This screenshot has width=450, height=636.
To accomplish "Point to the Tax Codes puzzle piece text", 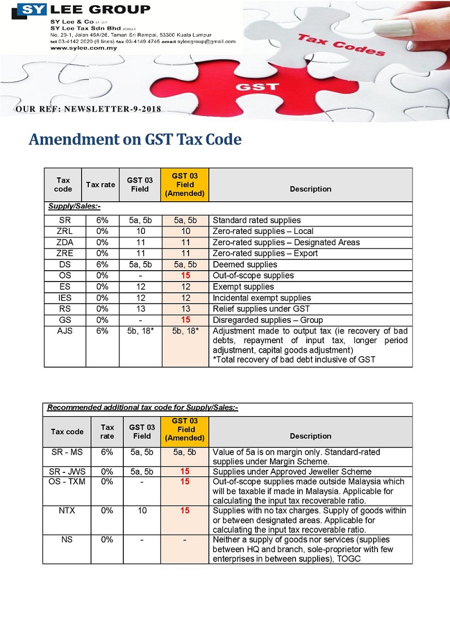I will tap(341, 45).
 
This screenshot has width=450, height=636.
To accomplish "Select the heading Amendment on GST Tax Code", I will tap(135, 139).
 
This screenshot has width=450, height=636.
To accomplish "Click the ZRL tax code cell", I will tap(65, 231).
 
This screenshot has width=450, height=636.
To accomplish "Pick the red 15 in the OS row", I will tap(185, 275).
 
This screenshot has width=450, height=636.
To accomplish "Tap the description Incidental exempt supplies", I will tap(262, 298).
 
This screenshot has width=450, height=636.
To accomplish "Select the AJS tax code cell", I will tap(65, 331).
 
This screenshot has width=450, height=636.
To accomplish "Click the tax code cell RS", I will tap(65, 309).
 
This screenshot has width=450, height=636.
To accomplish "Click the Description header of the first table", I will tap(310, 189).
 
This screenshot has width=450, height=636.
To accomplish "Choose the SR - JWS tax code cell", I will tap(67, 471).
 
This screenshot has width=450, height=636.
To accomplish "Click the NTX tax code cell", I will tap(67, 510).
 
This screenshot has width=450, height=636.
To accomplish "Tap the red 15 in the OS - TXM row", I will tap(185, 481).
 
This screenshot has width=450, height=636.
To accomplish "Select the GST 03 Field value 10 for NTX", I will tap(142, 510).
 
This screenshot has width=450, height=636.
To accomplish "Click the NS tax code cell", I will tap(67, 540).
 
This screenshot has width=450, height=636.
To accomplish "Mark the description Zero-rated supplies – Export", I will tap(265, 253).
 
